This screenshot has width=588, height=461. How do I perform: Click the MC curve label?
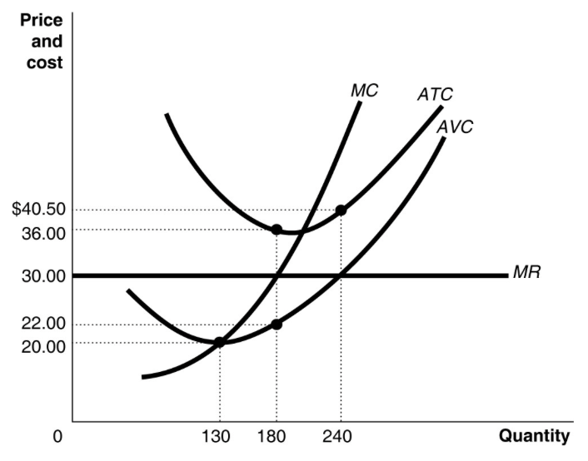pos(364,90)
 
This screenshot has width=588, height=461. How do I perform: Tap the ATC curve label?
pos(435,95)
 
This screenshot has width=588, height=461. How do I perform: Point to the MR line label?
pos(526,271)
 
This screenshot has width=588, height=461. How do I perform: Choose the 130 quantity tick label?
pos(218,437)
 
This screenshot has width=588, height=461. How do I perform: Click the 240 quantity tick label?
pos(340,437)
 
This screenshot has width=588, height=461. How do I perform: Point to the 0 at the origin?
pos(57,437)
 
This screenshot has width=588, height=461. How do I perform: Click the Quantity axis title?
pos(535,436)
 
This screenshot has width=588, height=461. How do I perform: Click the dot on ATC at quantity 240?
pos(341,210)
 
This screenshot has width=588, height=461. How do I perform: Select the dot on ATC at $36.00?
pos(277,230)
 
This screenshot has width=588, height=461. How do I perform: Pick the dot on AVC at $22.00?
pos(277,324)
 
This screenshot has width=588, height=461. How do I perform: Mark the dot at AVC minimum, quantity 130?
pos(219,341)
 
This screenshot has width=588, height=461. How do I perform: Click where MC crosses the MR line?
pos(277,275)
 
